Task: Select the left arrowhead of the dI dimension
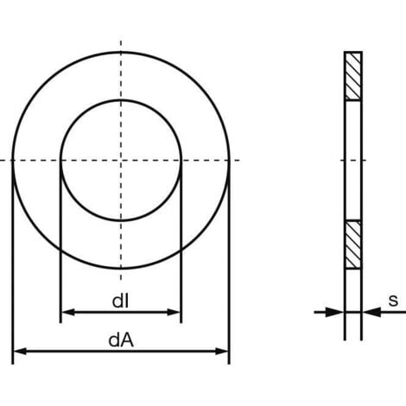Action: pyautogui.click(x=66, y=312)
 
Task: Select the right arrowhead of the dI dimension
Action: pyautogui.click(x=175, y=312)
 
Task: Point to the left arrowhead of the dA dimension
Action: pyautogui.click(x=19, y=352)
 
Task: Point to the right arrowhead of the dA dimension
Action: pyautogui.click(x=223, y=352)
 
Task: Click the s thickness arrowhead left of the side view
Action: pyautogui.click(x=338, y=312)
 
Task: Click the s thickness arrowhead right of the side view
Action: pyautogui.click(x=368, y=312)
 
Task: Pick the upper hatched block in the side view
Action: pyautogui.click(x=352, y=77)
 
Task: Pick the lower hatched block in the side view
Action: pyautogui.click(x=352, y=245)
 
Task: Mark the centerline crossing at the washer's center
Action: pyautogui.click(x=121, y=161)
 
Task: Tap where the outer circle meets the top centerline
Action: pyautogui.click(x=121, y=52)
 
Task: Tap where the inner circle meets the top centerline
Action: pyautogui.click(x=121, y=100)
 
